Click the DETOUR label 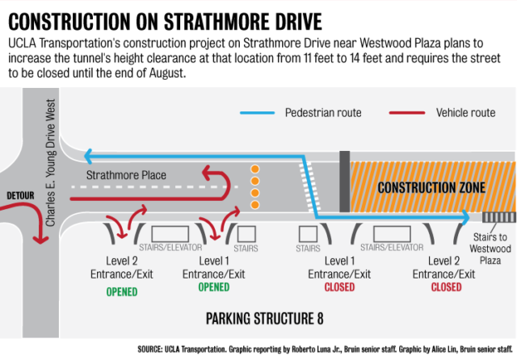[20, 195]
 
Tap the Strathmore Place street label [126, 175]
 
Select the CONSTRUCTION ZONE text [431, 188]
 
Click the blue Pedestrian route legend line [257, 113]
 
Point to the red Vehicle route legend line [407, 113]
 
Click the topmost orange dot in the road [255, 170]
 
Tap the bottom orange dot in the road [255, 205]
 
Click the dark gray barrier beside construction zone [345, 182]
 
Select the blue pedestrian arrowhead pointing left [88, 156]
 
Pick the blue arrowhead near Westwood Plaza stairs [466, 217]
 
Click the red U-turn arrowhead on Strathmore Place [207, 173]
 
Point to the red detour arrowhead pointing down [40, 240]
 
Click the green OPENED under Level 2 [122, 292]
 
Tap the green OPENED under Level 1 [213, 287]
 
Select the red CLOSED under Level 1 [339, 287]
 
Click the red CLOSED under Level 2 [446, 287]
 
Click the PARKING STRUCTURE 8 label [264, 319]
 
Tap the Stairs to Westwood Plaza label [490, 249]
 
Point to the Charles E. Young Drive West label [50, 163]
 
